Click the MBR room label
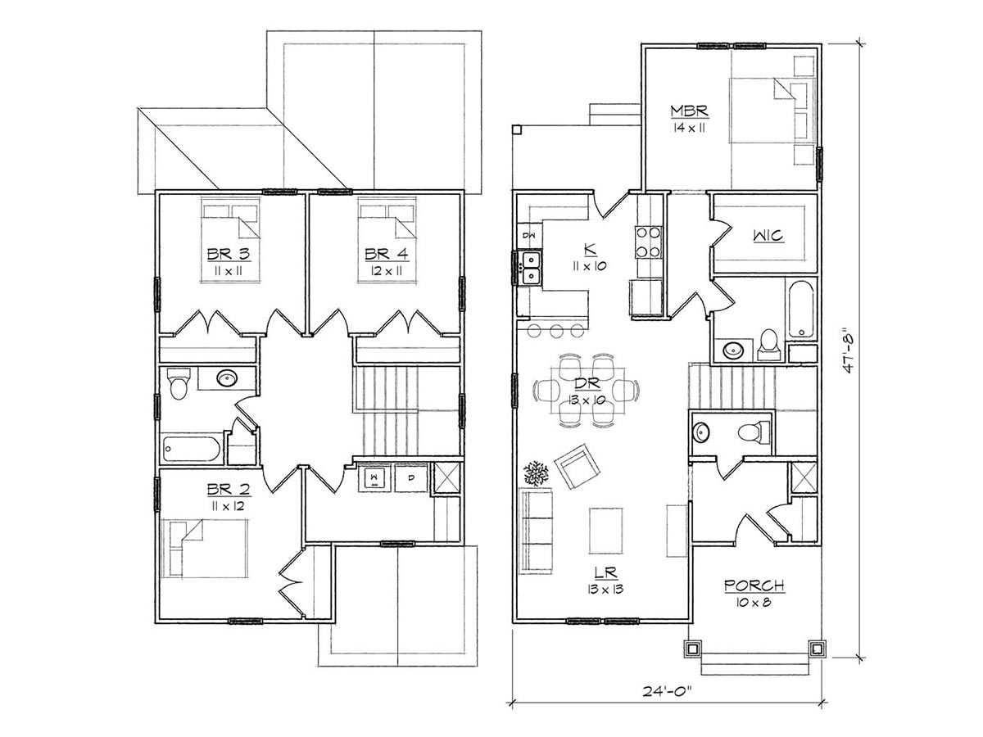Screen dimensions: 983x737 pyautogui.click(x=689, y=111)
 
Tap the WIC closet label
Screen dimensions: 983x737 pyautogui.click(x=768, y=235)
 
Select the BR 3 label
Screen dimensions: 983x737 pyautogui.click(x=229, y=254)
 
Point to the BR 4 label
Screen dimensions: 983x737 pyautogui.click(x=387, y=254)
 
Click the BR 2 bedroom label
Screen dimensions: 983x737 pyautogui.click(x=229, y=490)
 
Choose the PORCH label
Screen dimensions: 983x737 pyautogui.click(x=754, y=586)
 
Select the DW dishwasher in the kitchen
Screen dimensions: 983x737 pyautogui.click(x=530, y=235)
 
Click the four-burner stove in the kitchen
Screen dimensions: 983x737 pyautogui.click(x=648, y=242)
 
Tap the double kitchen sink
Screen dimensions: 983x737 pyautogui.click(x=531, y=268)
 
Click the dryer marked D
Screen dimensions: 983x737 pyautogui.click(x=410, y=478)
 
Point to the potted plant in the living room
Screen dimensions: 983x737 pyautogui.click(x=536, y=473)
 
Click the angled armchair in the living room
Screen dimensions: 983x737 pyautogui.click(x=578, y=466)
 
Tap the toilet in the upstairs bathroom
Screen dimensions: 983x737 pyautogui.click(x=179, y=383)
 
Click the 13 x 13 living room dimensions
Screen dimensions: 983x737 pyautogui.click(x=605, y=589)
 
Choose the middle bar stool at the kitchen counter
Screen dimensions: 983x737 pyautogui.click(x=556, y=331)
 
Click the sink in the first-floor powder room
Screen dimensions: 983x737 pyautogui.click(x=701, y=432)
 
